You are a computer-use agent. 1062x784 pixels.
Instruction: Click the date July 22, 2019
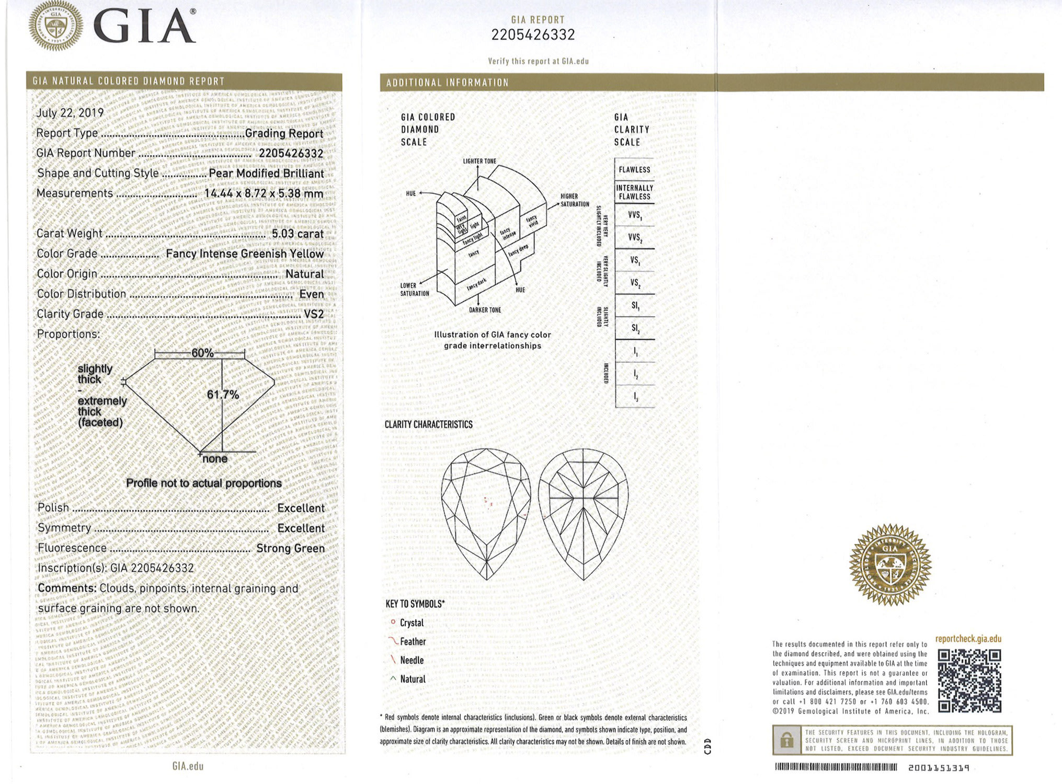click(x=70, y=113)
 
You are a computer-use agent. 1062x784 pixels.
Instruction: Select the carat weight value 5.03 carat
click(x=298, y=234)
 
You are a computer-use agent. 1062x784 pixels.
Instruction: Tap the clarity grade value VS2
click(x=314, y=314)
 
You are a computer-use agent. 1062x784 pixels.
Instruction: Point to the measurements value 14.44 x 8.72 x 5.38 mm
click(x=264, y=193)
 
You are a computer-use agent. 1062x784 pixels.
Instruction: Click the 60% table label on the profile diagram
click(x=202, y=353)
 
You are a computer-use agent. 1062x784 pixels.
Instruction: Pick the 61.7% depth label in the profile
click(x=223, y=395)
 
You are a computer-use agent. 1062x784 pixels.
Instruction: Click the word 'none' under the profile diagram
click(x=215, y=459)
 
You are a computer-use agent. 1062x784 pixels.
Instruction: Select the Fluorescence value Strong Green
click(x=290, y=548)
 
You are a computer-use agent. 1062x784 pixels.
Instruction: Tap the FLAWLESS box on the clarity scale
click(x=634, y=170)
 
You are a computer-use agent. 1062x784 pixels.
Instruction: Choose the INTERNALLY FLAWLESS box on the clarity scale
click(x=634, y=192)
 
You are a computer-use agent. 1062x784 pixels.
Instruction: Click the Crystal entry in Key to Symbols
click(x=411, y=623)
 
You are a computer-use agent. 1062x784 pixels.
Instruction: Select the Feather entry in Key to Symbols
click(x=413, y=642)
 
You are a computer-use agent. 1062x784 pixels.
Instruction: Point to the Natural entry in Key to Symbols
click(x=412, y=679)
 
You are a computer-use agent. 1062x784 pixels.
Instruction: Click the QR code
click(x=969, y=681)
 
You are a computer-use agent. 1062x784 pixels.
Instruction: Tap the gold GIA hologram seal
click(x=890, y=565)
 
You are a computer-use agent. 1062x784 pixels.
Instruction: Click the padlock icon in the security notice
click(x=786, y=740)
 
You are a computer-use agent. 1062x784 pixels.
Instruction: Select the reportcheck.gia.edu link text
click(x=968, y=639)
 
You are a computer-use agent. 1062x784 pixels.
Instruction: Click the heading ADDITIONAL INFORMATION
click(x=447, y=83)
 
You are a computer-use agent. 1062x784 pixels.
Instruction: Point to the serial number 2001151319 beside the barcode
click(x=939, y=768)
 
